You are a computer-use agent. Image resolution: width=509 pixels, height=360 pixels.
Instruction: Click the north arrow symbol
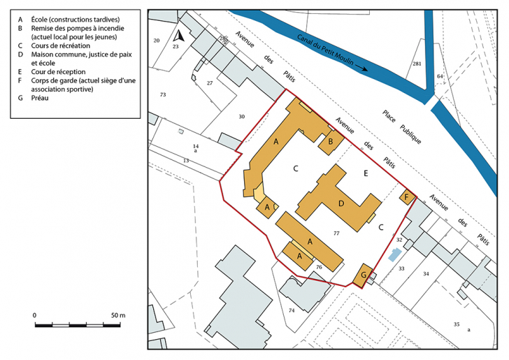click(x=178, y=36)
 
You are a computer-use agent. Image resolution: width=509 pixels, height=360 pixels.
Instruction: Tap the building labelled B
click(x=331, y=142)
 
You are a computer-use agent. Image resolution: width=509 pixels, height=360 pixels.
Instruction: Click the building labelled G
click(x=363, y=275)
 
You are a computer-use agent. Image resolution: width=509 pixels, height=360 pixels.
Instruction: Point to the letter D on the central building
click(x=341, y=204)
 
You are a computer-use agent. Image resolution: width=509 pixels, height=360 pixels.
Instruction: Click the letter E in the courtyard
click(x=366, y=173)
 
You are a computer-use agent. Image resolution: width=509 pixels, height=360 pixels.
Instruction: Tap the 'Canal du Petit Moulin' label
click(x=325, y=50)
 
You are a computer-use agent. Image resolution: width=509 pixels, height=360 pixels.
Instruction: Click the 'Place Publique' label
click(x=401, y=127)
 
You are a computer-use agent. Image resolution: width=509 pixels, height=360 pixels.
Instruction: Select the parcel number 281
click(x=417, y=64)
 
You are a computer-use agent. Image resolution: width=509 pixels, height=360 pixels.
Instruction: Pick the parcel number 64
click(x=440, y=76)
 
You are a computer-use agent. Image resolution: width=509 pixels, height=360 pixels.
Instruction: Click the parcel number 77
click(x=336, y=233)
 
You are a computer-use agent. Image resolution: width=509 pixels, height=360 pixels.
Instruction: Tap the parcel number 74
click(x=292, y=310)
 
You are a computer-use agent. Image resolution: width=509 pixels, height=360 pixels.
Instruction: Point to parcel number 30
click(x=241, y=117)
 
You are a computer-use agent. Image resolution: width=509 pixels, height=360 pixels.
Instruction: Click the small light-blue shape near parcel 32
click(x=395, y=255)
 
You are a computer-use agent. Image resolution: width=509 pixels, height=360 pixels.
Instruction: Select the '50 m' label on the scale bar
click(x=118, y=315)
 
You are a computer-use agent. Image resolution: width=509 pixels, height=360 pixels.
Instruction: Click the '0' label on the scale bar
click(x=35, y=315)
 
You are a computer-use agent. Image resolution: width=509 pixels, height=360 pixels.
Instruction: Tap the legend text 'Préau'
click(x=40, y=98)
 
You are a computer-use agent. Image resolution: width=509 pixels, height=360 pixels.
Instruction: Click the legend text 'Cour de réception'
click(x=59, y=72)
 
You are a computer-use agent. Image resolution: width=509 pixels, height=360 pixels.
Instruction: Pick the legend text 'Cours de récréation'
click(x=61, y=45)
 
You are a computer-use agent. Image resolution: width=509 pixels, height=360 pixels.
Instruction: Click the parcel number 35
click(x=457, y=324)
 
